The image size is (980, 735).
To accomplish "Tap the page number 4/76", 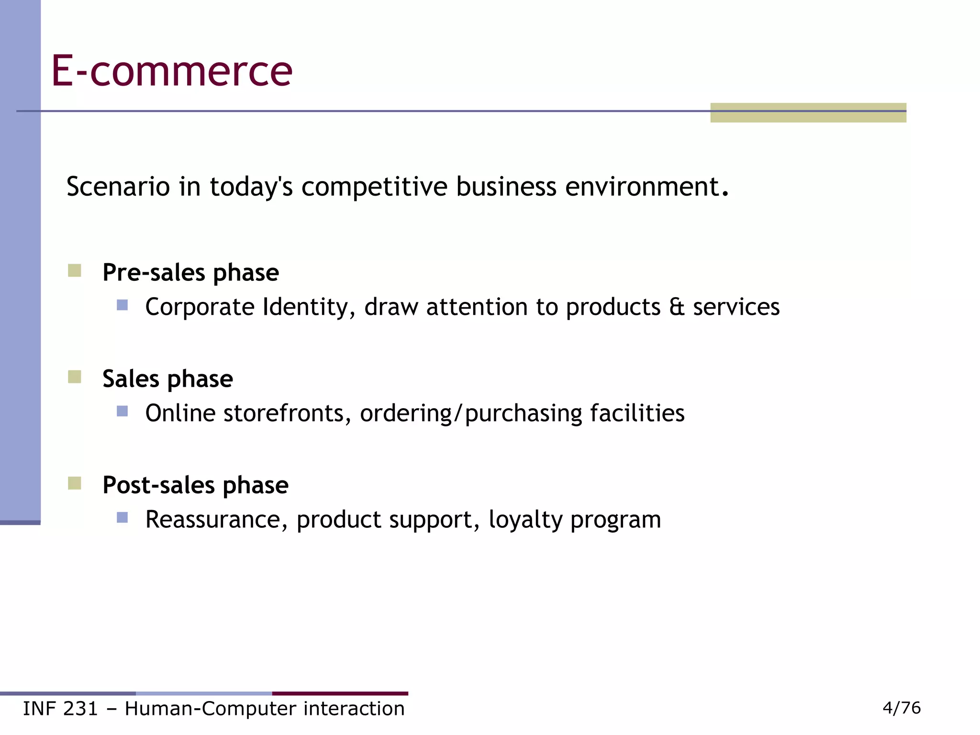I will (x=901, y=708).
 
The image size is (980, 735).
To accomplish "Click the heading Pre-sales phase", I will (x=190, y=273).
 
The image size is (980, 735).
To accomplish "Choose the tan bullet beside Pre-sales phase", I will (x=74, y=271).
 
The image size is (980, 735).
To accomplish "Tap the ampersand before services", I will (x=677, y=307).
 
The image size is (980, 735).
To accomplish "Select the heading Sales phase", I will (x=167, y=379).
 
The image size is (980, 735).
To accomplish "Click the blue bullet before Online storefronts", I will (x=122, y=411).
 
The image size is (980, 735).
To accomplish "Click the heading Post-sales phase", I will (x=195, y=485).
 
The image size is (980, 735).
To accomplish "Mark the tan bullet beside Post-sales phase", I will (x=74, y=483).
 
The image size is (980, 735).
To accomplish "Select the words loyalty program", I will (x=574, y=520).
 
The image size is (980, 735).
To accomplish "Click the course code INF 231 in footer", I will (x=60, y=709).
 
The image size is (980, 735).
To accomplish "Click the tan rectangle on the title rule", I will (x=808, y=113).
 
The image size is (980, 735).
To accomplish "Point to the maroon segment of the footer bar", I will (x=340, y=693).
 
